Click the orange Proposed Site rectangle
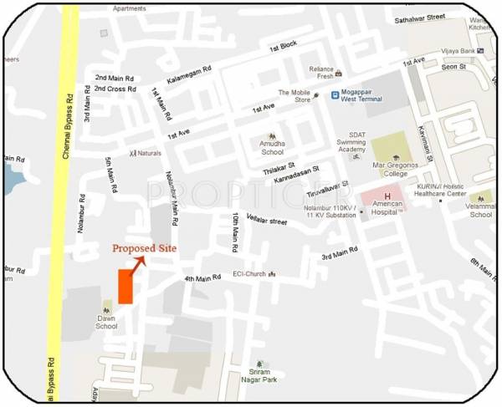(125, 286)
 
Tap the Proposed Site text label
(144, 248)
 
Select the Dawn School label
(106, 321)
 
